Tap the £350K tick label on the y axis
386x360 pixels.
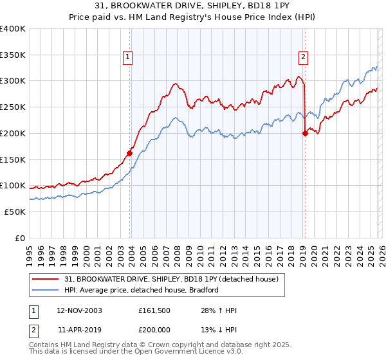[x=12, y=55]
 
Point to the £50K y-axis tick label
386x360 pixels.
[x=14, y=212]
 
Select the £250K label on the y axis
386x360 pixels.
[x=12, y=107]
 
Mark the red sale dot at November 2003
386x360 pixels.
[x=129, y=153]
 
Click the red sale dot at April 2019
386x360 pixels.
[x=304, y=133]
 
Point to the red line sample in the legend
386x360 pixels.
[x=46, y=279]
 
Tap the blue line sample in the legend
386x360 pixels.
[x=46, y=290]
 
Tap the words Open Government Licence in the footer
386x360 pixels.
[x=186, y=353]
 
